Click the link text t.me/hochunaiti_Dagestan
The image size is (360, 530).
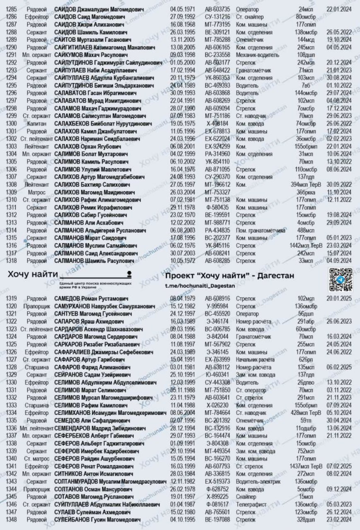pos(200,286)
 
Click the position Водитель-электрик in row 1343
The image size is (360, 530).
pos(258,481)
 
